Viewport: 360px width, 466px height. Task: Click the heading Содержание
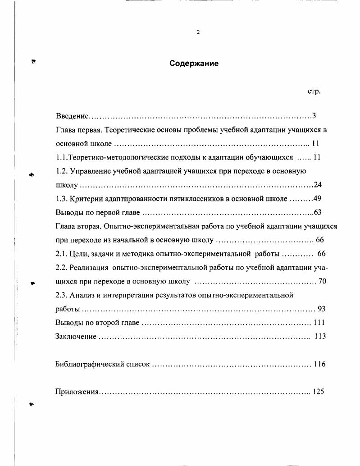tap(194, 64)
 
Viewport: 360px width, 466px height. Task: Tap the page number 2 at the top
tap(198, 32)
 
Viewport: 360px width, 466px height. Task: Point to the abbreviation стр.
tap(314, 91)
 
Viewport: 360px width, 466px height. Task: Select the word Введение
tap(72, 116)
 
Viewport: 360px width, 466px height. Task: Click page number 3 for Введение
tap(314, 116)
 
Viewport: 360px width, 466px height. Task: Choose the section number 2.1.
tap(61, 254)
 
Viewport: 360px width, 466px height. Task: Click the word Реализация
tap(88, 268)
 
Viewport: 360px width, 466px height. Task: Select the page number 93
tap(321, 309)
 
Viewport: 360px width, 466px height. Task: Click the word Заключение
tap(75, 337)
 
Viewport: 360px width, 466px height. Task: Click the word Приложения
tap(77, 392)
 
